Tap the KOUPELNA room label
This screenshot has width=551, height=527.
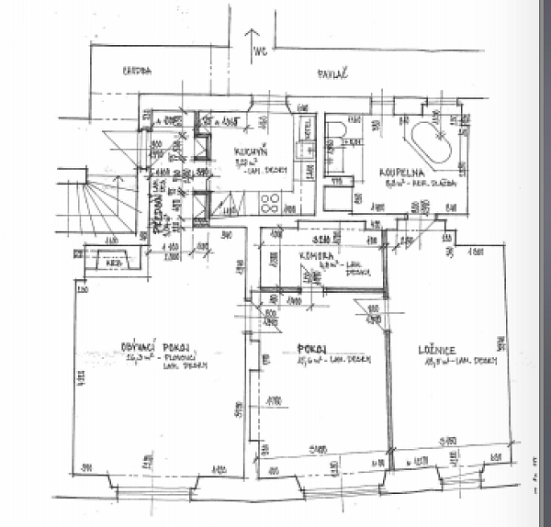pos(397,172)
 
